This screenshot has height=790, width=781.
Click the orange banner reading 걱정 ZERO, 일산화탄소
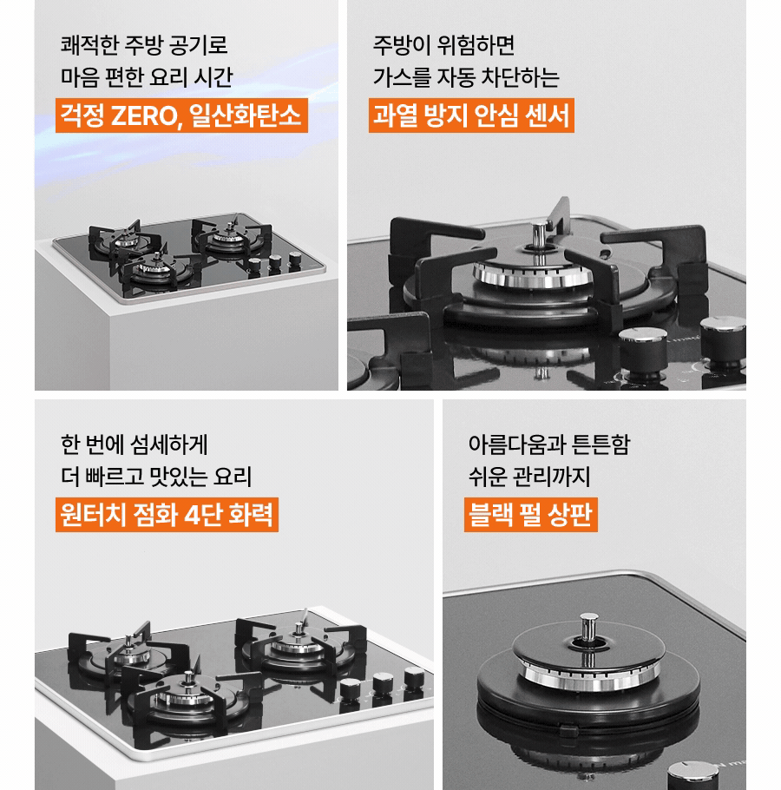(181, 115)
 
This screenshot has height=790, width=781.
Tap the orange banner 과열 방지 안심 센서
(471, 115)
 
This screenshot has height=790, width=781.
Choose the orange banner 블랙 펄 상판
(529, 514)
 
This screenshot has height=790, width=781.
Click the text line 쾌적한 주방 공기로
(144, 44)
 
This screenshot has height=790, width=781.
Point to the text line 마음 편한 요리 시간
(147, 77)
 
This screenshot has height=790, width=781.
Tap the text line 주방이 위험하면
(443, 44)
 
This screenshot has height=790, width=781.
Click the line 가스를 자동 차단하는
(466, 77)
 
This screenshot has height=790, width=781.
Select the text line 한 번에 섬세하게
(135, 444)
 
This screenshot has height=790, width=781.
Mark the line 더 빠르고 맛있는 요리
(156, 477)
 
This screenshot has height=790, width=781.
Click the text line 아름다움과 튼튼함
(548, 444)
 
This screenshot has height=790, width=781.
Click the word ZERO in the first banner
(143, 115)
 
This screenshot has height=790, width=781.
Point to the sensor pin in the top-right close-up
(540, 234)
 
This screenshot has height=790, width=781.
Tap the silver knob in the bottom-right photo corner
(692, 774)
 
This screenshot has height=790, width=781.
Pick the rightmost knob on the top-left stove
(295, 259)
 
